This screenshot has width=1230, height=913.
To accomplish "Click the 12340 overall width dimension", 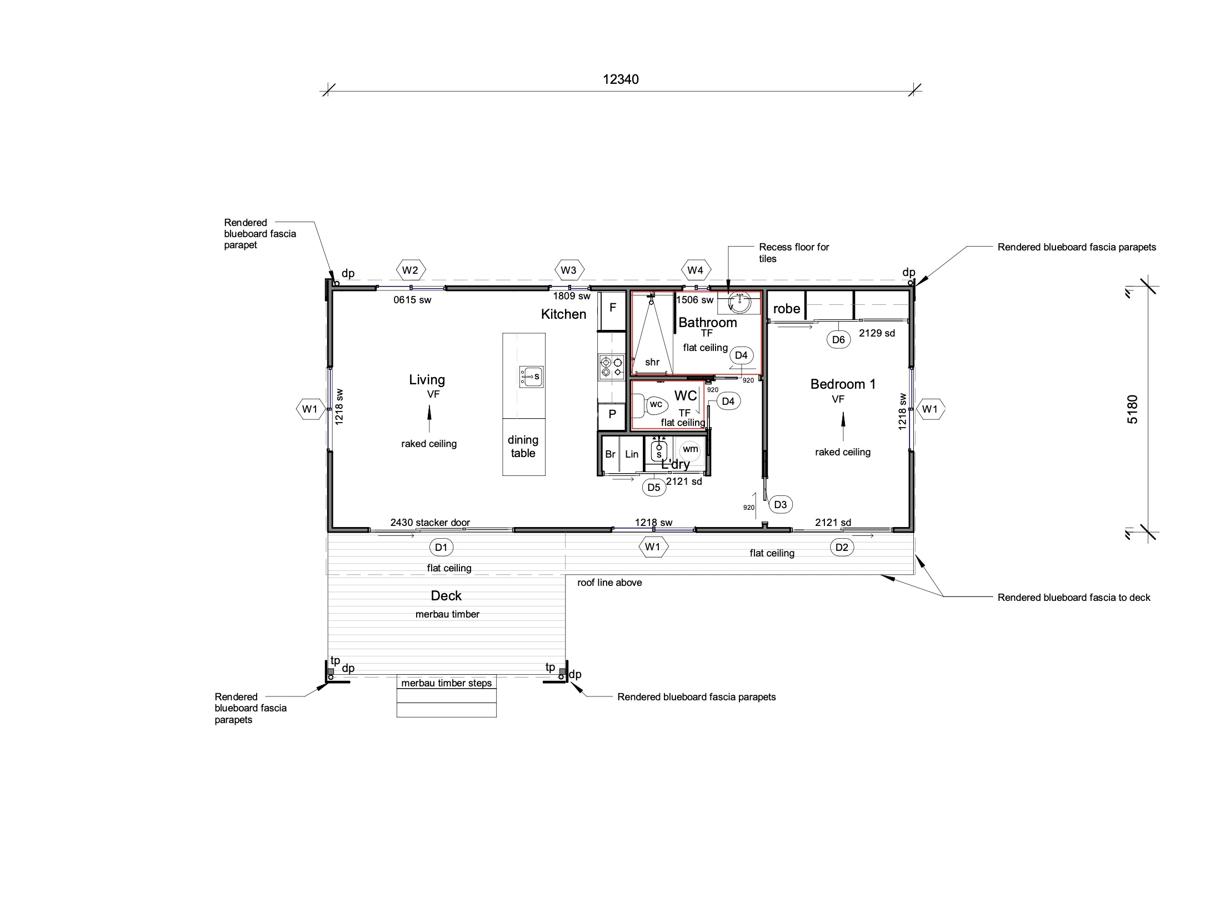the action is tap(621, 79).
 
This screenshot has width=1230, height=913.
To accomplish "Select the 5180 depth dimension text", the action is tap(1132, 409).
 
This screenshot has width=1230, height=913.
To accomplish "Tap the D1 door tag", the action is tap(441, 548).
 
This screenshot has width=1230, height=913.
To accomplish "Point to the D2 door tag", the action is tap(842, 548).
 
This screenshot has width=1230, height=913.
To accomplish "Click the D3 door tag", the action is tap(780, 504).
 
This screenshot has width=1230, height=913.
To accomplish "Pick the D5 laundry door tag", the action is tap(654, 488).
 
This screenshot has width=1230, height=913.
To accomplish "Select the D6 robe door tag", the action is tap(838, 340).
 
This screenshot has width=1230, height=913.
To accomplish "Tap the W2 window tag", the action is tap(410, 270).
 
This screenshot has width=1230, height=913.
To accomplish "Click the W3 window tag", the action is tap(568, 270).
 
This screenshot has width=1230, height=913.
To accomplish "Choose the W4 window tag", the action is tap(695, 270).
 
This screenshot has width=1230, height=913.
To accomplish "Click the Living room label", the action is tap(427, 380).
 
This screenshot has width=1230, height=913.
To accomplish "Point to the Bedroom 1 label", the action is tap(843, 384).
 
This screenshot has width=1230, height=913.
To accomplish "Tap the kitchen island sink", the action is tap(531, 377).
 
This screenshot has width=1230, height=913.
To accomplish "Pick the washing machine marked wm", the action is tap(690, 449).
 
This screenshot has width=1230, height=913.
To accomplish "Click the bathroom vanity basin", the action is tap(739, 303).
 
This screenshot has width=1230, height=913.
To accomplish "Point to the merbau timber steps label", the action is tap(447, 683).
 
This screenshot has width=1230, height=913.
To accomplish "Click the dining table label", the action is tap(523, 447).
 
